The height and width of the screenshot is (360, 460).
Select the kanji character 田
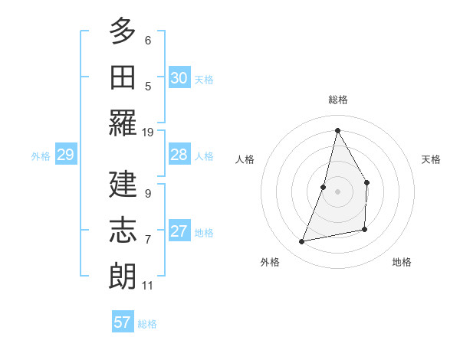123,77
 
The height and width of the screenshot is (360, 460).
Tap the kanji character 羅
123,123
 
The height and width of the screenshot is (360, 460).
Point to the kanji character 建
123,184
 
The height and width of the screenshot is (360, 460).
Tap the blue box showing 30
179,78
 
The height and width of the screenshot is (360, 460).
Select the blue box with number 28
179,155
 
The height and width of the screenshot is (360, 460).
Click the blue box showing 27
179,231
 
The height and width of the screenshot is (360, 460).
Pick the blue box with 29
65,155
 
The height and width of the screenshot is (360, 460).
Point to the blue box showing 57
123,322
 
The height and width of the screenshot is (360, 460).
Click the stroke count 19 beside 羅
148,132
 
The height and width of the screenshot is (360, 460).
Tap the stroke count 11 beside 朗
148,286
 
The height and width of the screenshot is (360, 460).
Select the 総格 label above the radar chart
338,100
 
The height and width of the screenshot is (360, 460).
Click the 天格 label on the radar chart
431,159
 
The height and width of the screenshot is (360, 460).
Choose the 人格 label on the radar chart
245,159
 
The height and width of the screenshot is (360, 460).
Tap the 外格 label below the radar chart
270,262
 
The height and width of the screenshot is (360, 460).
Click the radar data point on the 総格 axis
337,130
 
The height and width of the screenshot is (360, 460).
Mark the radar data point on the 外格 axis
302,242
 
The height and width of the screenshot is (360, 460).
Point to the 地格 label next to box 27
204,232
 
